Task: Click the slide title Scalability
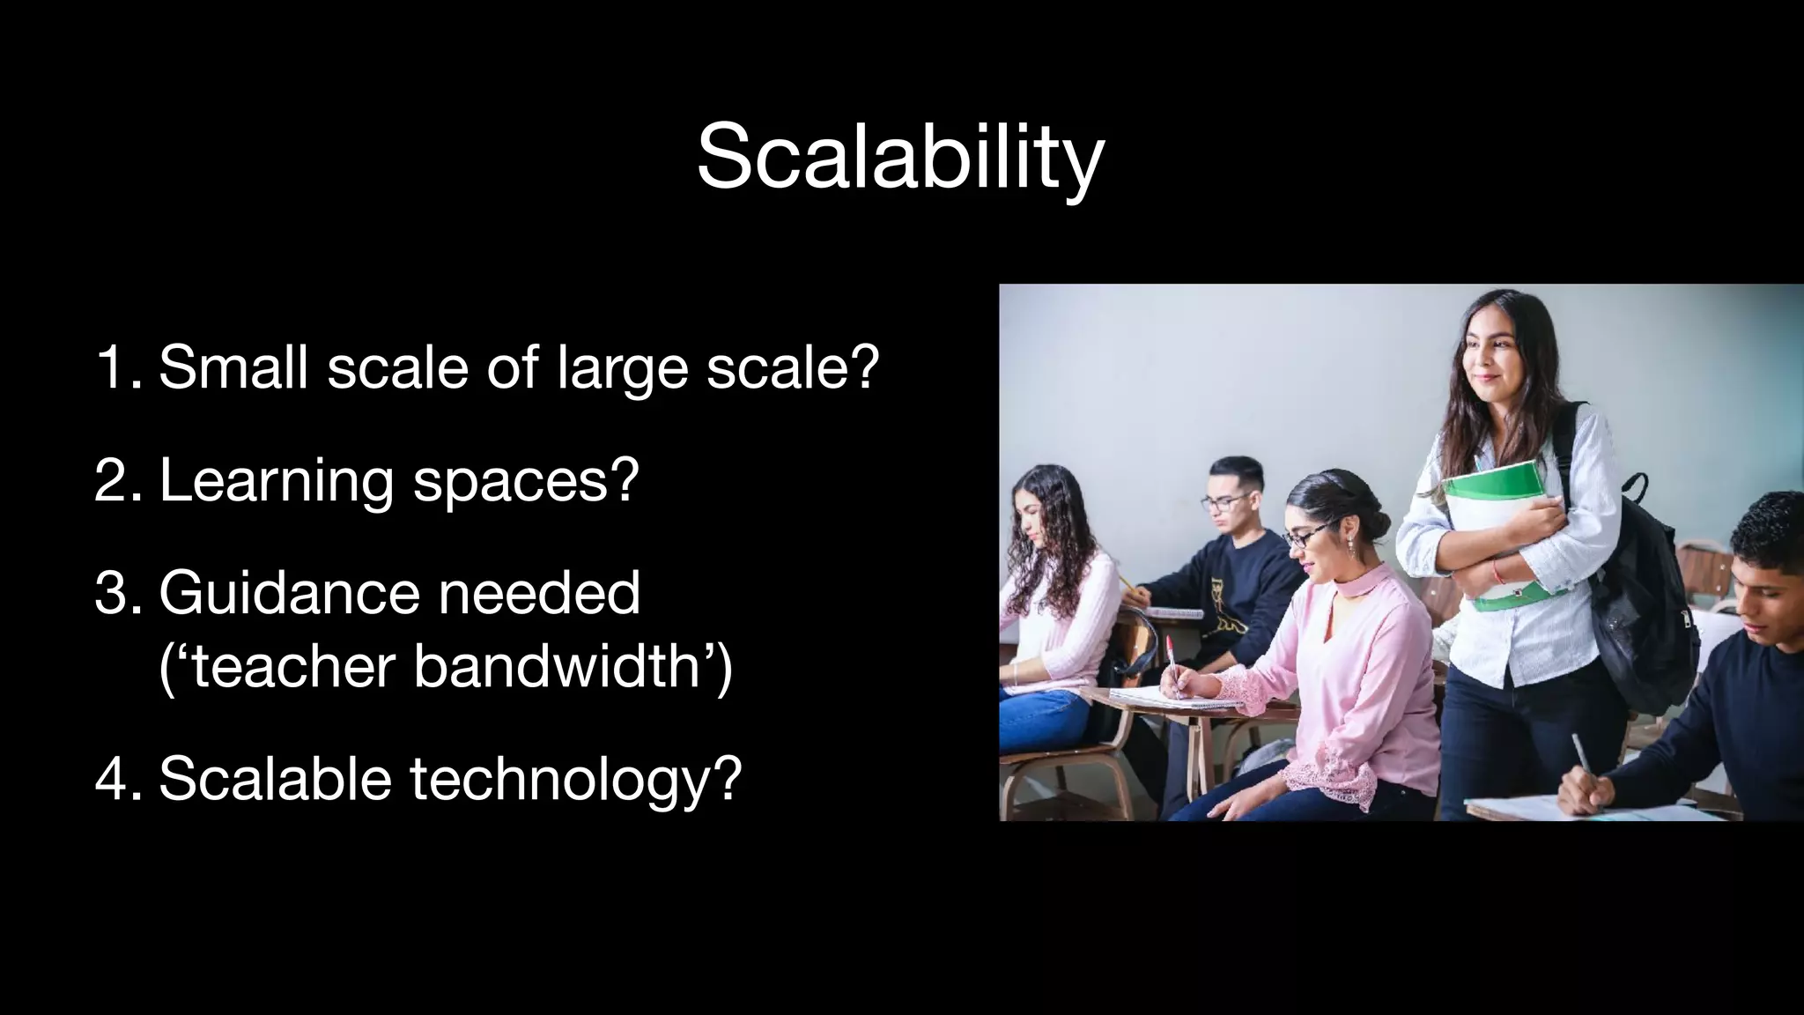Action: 900,159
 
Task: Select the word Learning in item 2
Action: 277,482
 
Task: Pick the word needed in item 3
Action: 539,594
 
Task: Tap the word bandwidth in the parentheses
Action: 565,666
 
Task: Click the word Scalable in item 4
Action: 275,779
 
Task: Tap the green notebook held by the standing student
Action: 1497,529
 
